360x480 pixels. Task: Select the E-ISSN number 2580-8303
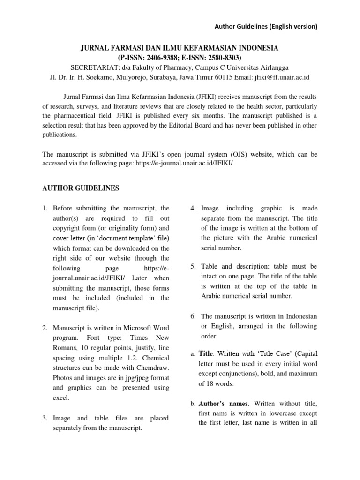(x=218, y=58)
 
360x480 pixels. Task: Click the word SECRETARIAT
(x=93, y=67)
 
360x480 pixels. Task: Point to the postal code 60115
(x=229, y=77)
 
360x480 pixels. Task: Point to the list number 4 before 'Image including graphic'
(x=193, y=208)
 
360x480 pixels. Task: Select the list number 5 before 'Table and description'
(x=193, y=266)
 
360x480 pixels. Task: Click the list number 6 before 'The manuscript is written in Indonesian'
(x=193, y=316)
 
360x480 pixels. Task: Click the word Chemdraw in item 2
(x=154, y=367)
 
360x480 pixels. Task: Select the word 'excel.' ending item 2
(x=61, y=397)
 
